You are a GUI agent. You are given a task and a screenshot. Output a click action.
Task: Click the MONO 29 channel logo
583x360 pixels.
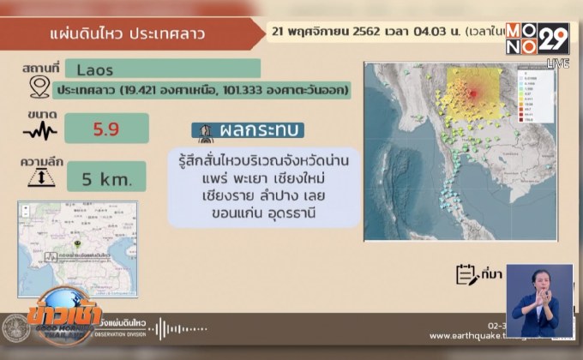[x=538, y=40]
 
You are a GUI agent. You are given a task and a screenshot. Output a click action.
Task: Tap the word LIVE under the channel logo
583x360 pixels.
[x=557, y=63]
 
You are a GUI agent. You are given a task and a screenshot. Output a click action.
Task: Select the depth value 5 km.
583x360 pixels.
[x=105, y=178]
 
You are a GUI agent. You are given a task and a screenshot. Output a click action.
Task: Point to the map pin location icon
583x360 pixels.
[x=39, y=87]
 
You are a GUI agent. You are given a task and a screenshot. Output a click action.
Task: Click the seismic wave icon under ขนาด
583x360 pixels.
[x=39, y=131]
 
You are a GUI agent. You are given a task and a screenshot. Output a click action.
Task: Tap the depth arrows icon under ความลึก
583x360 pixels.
[x=39, y=177]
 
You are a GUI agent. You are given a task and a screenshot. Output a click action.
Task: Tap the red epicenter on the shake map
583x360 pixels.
[x=472, y=93]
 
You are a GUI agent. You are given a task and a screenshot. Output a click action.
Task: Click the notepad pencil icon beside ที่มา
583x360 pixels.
[x=466, y=273]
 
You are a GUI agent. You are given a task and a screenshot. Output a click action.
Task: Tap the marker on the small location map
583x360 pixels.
[x=78, y=243]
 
